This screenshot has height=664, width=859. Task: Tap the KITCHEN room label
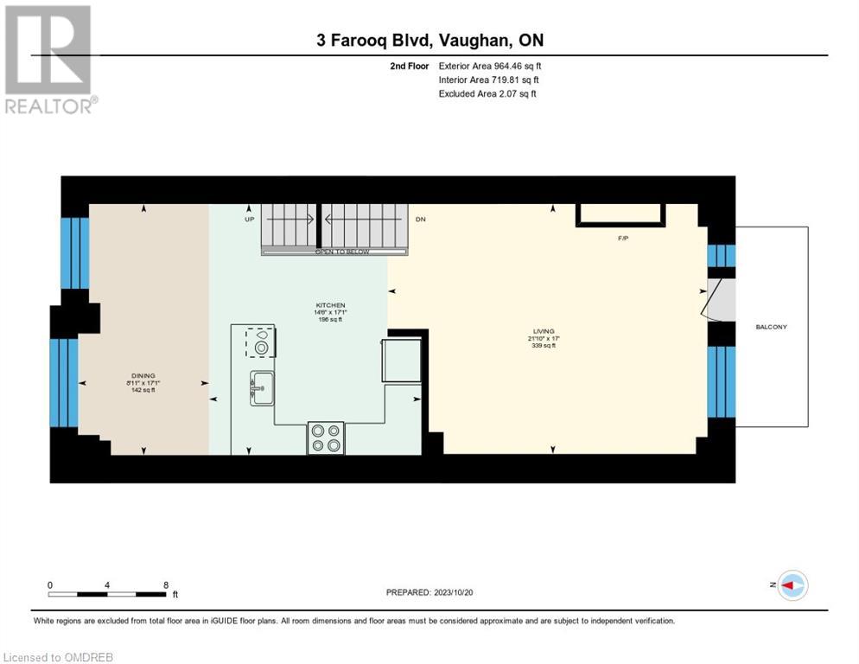[x=330, y=305]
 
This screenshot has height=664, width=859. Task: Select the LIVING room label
[x=543, y=330]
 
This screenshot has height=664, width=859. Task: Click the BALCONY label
[x=771, y=327]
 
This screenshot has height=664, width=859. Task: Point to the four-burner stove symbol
[x=326, y=437]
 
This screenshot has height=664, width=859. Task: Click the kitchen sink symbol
[x=261, y=388]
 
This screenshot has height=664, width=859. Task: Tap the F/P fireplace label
[x=621, y=237]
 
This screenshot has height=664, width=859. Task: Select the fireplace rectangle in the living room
[x=620, y=214]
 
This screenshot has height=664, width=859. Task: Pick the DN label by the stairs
[x=420, y=220]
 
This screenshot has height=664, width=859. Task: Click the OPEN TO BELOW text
[x=341, y=252]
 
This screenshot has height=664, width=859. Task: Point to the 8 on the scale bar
[x=165, y=584]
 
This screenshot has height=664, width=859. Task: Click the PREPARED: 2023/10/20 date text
[x=429, y=592]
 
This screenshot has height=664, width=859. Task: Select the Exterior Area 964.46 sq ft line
[x=490, y=66]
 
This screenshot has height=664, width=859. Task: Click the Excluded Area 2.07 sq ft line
[x=487, y=93]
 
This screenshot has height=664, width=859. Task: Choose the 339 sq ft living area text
[x=543, y=345]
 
